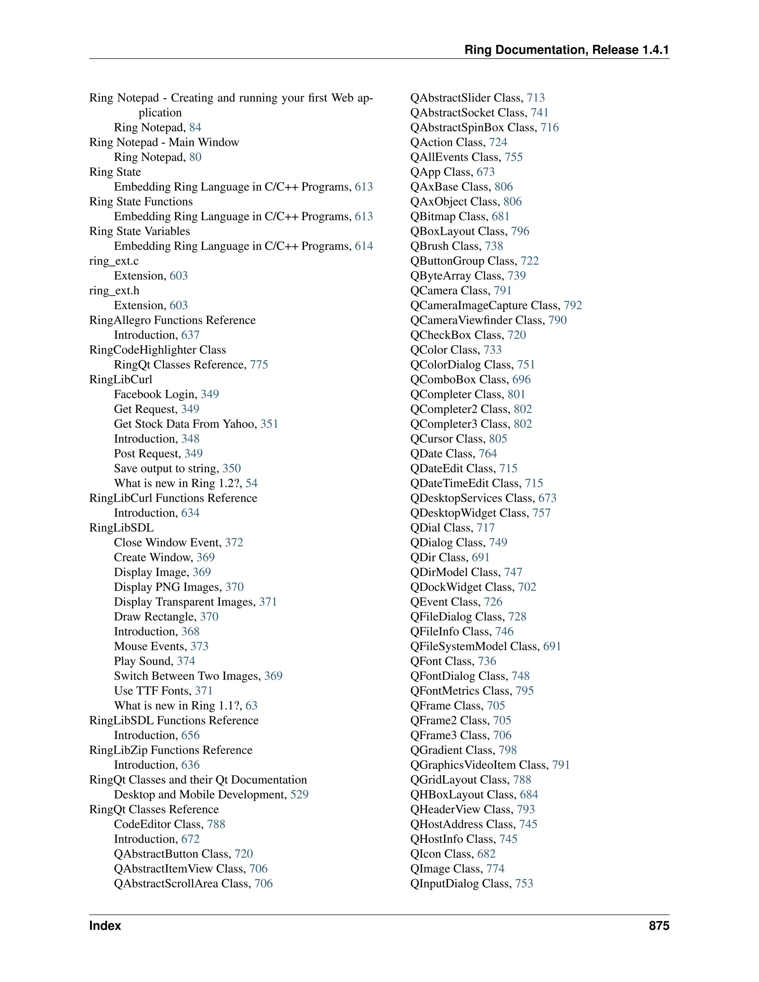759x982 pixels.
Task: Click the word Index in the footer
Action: [105, 926]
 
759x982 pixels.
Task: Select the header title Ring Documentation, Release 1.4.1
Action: [567, 50]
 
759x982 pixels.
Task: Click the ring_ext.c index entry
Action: [114, 261]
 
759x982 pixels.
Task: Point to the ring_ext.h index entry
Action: [114, 291]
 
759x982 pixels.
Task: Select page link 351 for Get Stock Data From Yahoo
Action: [269, 424]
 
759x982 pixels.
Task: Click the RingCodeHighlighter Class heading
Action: [158, 350]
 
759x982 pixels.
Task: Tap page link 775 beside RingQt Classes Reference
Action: [259, 365]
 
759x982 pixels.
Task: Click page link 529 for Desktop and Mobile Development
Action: [299, 794]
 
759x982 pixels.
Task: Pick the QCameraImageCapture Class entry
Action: [485, 306]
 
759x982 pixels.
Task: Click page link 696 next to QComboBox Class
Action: [521, 379]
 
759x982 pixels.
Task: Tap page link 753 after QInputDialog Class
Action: [524, 883]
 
